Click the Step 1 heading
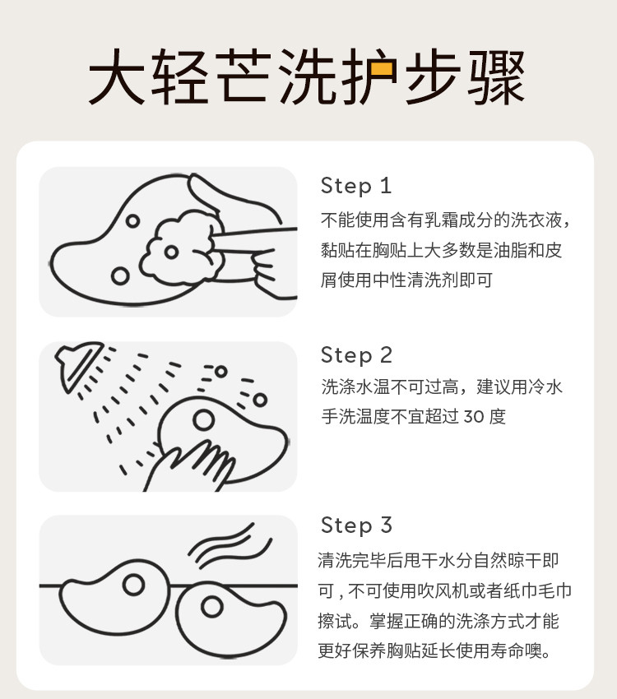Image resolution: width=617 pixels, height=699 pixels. [356, 186]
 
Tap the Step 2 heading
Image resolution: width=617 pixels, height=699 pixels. [356, 355]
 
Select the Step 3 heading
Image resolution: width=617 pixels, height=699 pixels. [356, 525]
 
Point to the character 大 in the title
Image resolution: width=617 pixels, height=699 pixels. [116, 76]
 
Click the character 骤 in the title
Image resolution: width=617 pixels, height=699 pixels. [496, 76]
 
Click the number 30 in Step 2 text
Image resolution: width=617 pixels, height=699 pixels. [474, 417]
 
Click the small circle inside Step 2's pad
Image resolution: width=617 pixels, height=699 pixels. [204, 419]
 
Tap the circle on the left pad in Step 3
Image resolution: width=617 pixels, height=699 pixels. [133, 585]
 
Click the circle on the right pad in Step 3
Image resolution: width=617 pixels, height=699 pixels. [211, 607]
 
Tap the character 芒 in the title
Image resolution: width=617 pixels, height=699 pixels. [244, 76]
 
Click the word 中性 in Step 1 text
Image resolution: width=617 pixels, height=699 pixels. [390, 280]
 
